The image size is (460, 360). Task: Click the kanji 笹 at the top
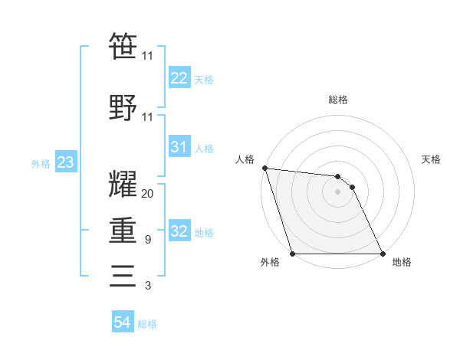click(x=123, y=46)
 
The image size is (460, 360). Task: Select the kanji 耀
click(x=123, y=183)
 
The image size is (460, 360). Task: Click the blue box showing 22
click(x=179, y=77)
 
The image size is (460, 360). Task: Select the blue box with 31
click(x=179, y=147)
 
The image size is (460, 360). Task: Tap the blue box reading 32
click(x=179, y=231)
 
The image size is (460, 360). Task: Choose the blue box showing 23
click(x=65, y=162)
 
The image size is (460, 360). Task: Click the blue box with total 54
click(x=122, y=322)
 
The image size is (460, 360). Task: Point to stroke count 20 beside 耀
click(x=148, y=194)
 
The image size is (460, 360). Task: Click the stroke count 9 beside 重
click(x=148, y=240)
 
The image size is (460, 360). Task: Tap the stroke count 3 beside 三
click(x=148, y=286)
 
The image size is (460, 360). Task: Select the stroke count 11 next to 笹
click(x=148, y=57)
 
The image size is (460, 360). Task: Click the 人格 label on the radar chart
click(x=244, y=159)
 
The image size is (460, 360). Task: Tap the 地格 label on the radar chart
click(x=402, y=263)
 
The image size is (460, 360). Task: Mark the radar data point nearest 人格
click(x=264, y=168)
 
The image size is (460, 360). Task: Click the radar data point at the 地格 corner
click(x=382, y=254)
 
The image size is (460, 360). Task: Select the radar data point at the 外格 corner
click(x=293, y=254)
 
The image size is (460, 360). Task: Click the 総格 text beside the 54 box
click(x=147, y=324)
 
